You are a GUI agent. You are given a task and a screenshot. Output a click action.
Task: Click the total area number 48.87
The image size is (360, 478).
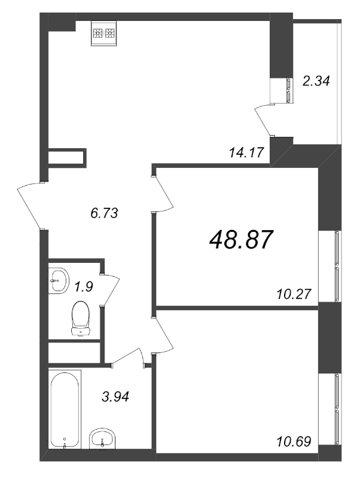click(240, 240)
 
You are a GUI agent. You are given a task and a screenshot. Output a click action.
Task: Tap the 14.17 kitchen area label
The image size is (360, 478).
click(246, 152)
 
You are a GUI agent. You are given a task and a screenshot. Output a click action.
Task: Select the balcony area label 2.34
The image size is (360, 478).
click(316, 81)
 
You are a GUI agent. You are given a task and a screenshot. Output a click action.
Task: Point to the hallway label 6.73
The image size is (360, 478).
click(104, 213)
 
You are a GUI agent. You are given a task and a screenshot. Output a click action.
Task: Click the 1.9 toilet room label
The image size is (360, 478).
click(84, 287)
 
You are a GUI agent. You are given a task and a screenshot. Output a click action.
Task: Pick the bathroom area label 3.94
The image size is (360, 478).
click(115, 397)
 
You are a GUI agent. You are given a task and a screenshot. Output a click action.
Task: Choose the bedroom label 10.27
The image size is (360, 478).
click(294, 294)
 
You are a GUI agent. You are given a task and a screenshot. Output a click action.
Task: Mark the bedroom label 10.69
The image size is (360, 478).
click(294, 441)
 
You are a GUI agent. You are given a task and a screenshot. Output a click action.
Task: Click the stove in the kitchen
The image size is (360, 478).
click(104, 33)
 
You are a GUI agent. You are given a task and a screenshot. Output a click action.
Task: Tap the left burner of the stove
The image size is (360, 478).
click(98, 33)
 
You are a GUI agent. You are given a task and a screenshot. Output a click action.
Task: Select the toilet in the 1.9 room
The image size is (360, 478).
click(81, 318)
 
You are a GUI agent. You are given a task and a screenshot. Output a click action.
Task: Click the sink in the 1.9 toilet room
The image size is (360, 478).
click(58, 281)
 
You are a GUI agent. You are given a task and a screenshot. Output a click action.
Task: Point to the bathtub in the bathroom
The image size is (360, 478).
click(65, 409)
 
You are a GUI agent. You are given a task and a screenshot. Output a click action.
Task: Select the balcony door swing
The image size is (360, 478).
click(264, 120)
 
